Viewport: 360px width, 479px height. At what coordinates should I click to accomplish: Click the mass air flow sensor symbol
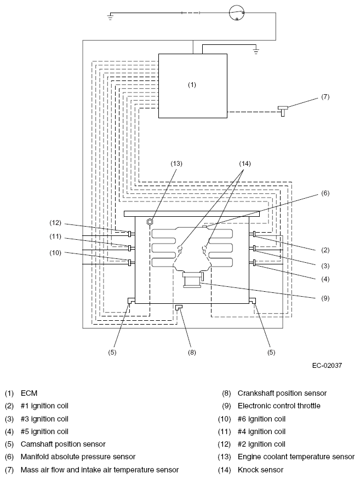283,111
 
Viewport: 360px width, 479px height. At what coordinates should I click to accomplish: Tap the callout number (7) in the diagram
325,97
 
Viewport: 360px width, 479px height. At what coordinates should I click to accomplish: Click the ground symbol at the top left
111,16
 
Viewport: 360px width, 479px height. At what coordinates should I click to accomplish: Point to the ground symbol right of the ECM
256,51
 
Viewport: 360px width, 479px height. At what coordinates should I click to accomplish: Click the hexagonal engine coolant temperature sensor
150,222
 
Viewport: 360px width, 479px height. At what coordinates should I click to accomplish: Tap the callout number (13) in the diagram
176,164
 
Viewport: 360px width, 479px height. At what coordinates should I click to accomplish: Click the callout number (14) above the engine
245,164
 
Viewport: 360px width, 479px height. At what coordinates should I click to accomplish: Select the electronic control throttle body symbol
192,280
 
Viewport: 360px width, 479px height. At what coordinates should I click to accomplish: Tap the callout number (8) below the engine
192,353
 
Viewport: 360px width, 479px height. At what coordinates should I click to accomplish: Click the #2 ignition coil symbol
130,234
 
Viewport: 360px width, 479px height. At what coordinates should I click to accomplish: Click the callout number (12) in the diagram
55,223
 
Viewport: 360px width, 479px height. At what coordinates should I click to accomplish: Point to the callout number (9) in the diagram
325,298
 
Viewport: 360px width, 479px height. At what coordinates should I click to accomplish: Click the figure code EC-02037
327,365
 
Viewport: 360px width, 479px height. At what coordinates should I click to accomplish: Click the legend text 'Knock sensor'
261,470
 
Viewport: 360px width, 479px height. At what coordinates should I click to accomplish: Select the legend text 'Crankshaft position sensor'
282,393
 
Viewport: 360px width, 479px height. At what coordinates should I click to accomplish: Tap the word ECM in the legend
29,393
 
